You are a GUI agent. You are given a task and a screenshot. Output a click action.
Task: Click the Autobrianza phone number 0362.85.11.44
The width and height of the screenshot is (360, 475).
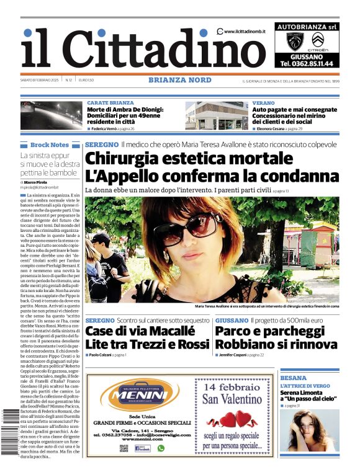[307, 63]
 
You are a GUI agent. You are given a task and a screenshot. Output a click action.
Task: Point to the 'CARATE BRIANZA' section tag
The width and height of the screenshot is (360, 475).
[110, 102]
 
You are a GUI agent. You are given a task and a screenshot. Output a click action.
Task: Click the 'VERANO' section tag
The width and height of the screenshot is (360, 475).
[263, 102]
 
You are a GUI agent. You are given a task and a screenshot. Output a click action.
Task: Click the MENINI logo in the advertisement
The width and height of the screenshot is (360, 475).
[135, 395]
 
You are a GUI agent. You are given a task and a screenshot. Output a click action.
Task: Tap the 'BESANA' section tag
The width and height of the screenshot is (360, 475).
[294, 378]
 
